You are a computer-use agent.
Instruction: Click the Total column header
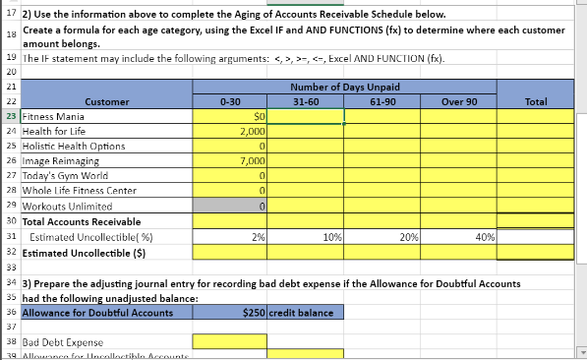click(536, 101)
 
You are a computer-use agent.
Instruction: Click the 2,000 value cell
click(252, 131)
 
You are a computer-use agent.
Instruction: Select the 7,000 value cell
click(252, 160)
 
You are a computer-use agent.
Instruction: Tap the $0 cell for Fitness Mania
click(260, 116)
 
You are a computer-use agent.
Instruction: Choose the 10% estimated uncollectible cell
click(331, 237)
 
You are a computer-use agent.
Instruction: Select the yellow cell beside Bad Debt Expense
click(230, 341)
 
